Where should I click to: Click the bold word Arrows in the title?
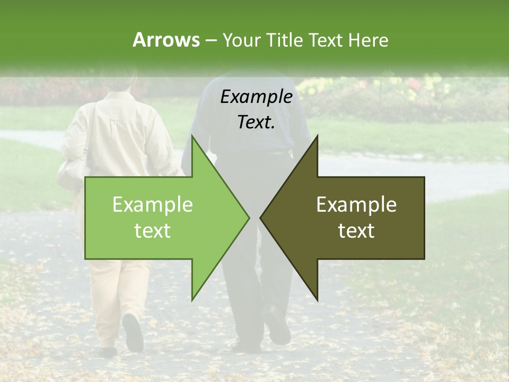click(x=166, y=40)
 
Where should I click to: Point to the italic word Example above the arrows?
click(x=257, y=97)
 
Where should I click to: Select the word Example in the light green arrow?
click(x=152, y=205)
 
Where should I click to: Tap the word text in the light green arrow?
click(x=152, y=231)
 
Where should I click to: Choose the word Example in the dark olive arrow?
click(x=356, y=205)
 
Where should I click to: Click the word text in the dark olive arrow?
click(x=356, y=231)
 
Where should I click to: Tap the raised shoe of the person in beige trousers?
click(x=133, y=332)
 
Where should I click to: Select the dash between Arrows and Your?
click(x=210, y=40)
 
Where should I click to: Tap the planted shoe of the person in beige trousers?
click(x=108, y=351)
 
